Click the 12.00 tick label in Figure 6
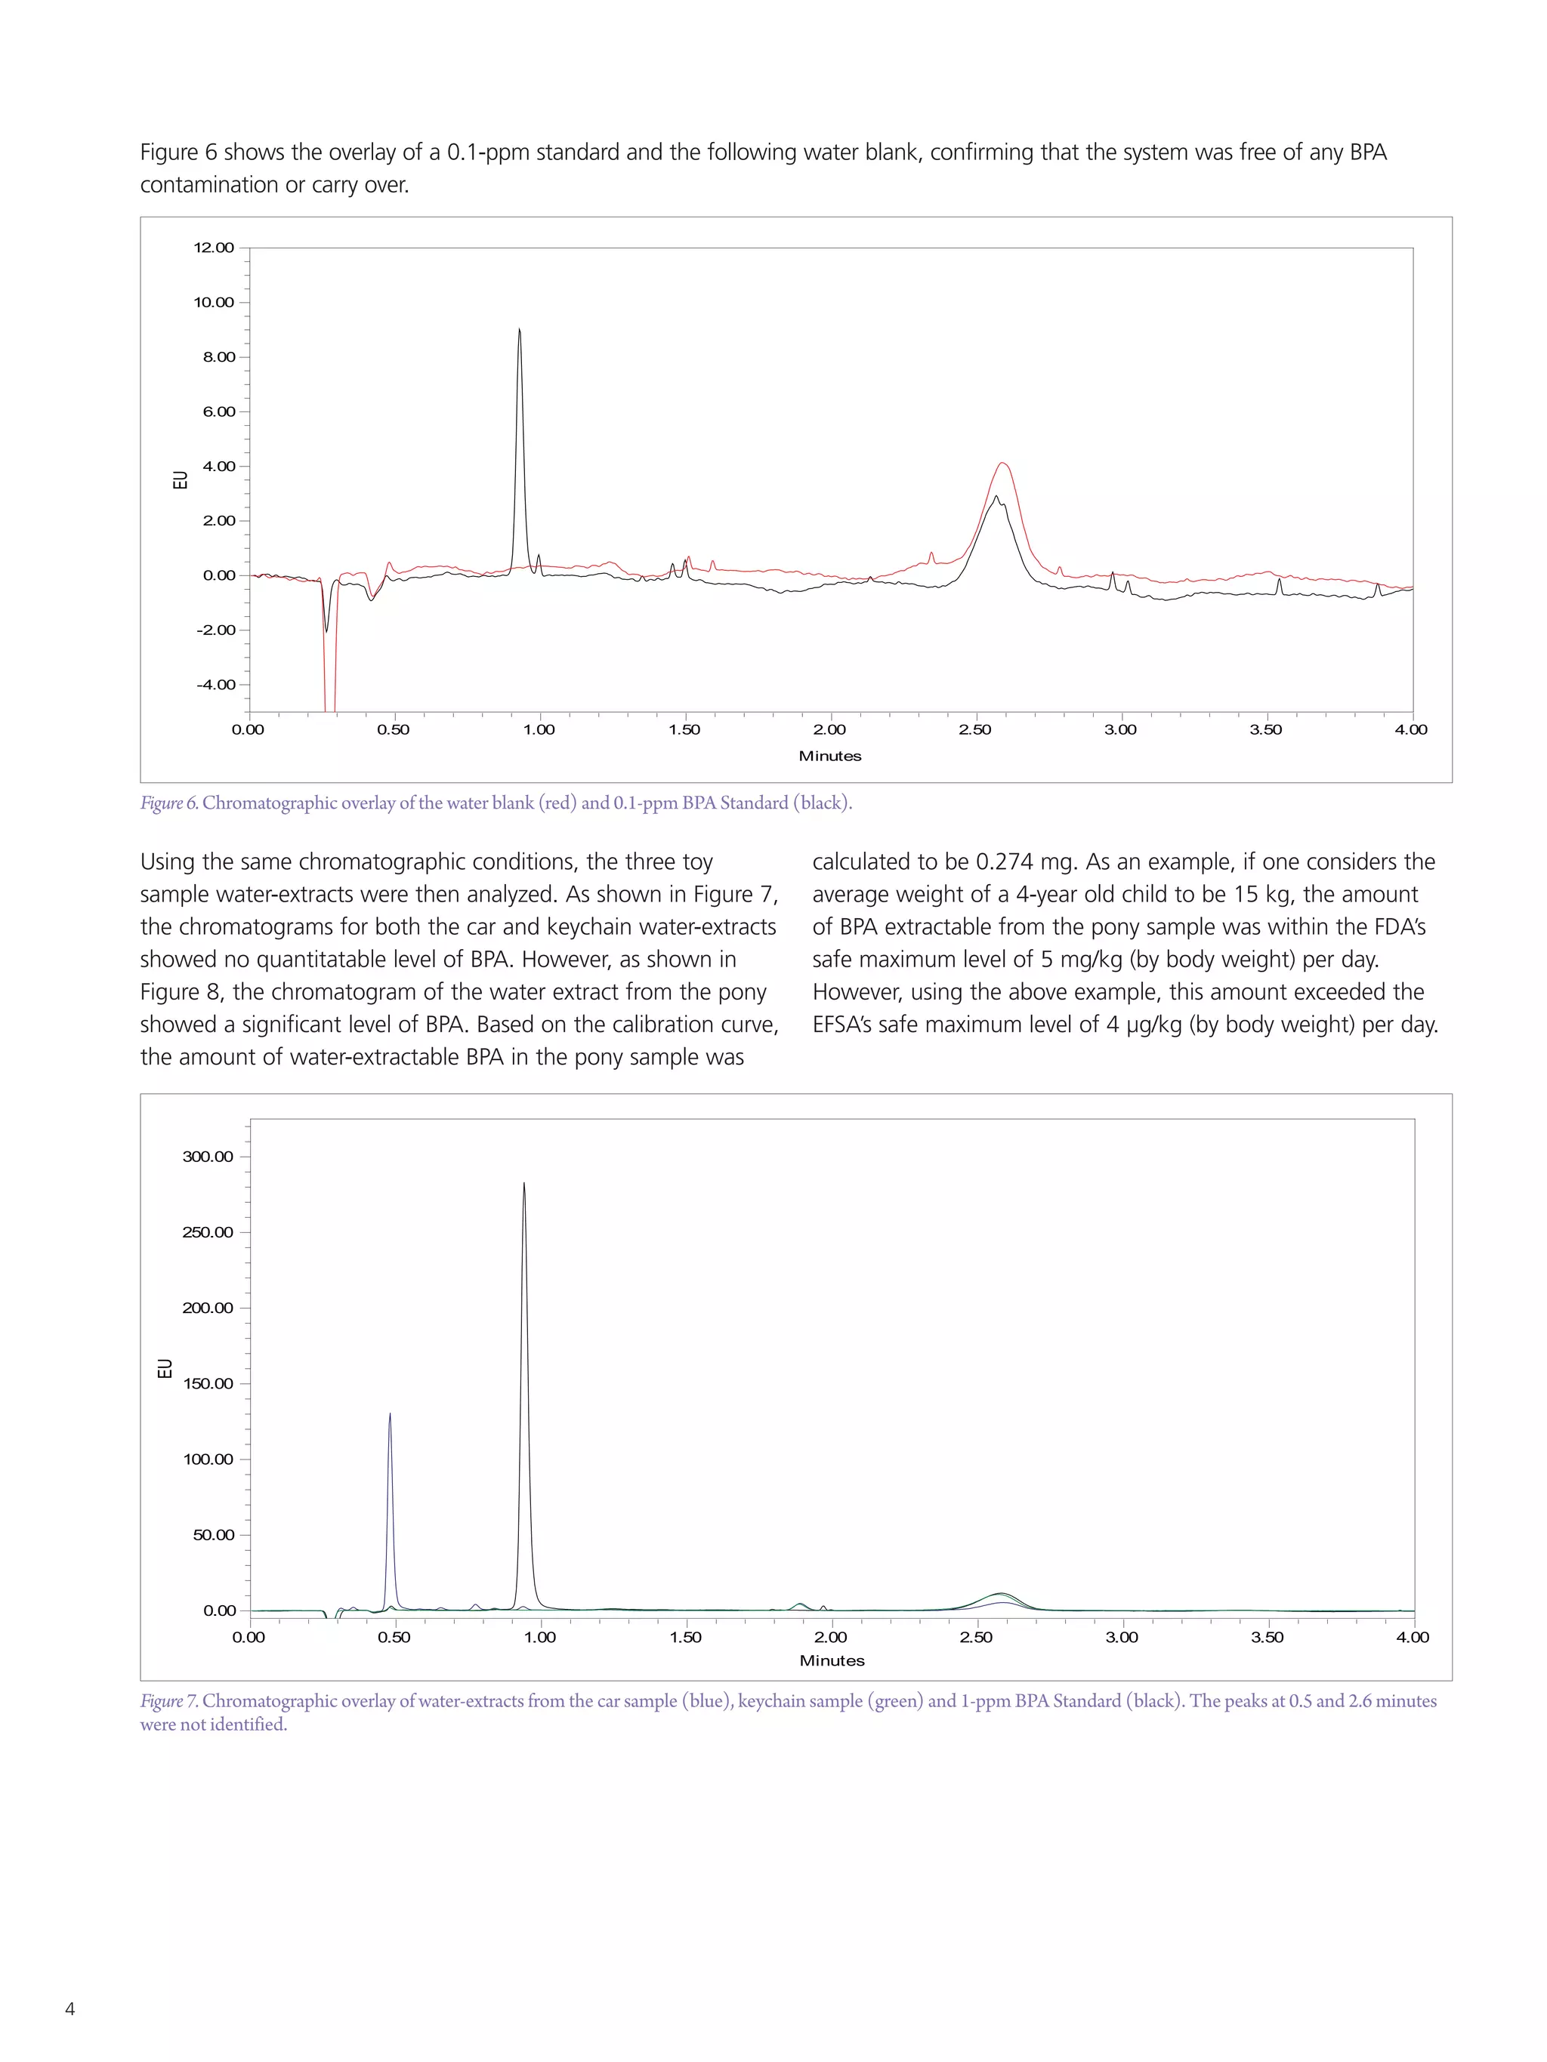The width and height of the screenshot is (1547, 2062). pos(214,248)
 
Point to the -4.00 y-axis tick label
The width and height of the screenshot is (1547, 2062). pos(215,685)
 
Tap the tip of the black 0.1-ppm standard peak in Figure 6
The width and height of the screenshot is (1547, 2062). pos(520,329)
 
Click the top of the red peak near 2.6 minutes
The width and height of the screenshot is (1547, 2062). pos(1003,464)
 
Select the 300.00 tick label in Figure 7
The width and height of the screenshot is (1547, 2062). pos(208,1157)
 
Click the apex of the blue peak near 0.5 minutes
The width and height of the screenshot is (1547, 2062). pos(390,1414)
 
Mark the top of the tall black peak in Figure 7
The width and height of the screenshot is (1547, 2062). pos(524,1184)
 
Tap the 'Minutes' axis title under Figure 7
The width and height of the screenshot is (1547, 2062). pos(832,1660)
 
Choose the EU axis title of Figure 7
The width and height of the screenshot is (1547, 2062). pos(165,1368)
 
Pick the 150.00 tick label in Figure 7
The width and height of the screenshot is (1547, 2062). pos(208,1383)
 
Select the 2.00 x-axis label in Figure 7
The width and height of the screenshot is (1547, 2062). pos(830,1637)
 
